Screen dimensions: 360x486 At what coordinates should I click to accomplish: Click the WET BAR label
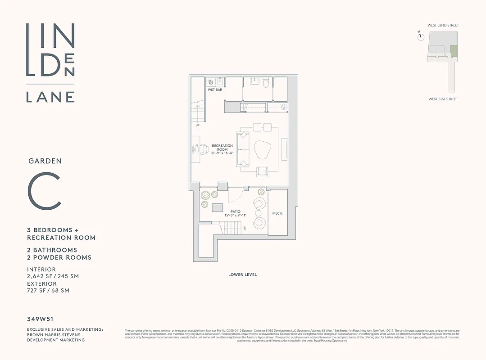point(215,90)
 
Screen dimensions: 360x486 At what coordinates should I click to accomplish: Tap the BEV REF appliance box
point(211,82)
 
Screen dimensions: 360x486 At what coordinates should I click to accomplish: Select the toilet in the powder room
point(266,83)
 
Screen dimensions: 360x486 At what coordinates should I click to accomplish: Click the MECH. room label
point(278,213)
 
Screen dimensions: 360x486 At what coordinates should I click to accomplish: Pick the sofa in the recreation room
point(242,149)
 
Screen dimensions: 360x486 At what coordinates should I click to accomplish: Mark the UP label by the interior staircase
point(197,125)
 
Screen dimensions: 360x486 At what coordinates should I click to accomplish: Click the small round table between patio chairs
point(258,213)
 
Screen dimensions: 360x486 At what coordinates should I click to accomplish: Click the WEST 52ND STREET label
point(443,26)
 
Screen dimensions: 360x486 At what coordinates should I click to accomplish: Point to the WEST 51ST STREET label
point(443,99)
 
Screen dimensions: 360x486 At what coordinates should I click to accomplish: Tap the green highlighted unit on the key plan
point(454,51)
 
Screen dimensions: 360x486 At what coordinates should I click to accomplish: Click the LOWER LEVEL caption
point(242,274)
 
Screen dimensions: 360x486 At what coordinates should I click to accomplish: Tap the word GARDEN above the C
point(45,161)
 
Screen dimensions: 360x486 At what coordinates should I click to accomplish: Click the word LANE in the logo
point(50,97)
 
